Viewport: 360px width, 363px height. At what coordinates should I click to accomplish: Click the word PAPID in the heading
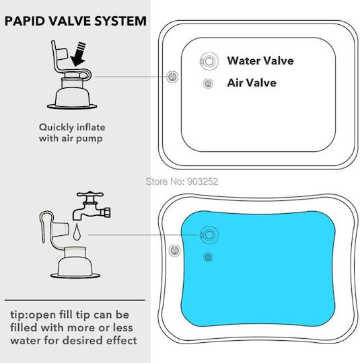click(x=25, y=21)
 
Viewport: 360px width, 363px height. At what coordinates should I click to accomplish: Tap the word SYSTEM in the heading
click(x=120, y=21)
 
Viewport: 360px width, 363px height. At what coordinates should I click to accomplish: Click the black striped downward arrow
click(x=79, y=54)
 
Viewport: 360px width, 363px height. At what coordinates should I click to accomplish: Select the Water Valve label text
click(x=260, y=61)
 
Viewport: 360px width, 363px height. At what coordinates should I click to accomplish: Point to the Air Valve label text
click(x=252, y=83)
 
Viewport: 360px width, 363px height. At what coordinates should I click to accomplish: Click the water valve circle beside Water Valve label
click(x=209, y=61)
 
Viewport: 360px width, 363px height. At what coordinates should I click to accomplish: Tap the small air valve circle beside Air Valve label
click(x=208, y=83)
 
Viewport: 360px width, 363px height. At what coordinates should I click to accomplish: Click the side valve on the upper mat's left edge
click(x=172, y=77)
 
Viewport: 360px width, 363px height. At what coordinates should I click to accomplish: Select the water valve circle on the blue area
click(x=209, y=235)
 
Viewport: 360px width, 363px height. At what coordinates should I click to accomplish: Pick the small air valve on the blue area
click(x=208, y=257)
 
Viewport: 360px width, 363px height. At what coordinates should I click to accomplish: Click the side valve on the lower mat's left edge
click(x=174, y=251)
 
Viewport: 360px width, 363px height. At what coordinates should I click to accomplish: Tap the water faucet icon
click(x=92, y=206)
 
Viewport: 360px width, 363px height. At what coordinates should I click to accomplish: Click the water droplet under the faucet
click(x=77, y=232)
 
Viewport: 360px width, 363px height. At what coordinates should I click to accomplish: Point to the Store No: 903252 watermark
click(x=182, y=182)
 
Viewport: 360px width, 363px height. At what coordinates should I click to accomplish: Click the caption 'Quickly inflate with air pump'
click(x=72, y=133)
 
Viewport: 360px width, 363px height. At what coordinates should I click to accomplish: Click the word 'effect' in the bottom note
click(x=122, y=341)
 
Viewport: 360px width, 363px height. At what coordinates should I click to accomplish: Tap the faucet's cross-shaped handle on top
click(x=90, y=194)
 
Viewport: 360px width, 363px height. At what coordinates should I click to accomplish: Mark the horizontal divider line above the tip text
click(x=75, y=300)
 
